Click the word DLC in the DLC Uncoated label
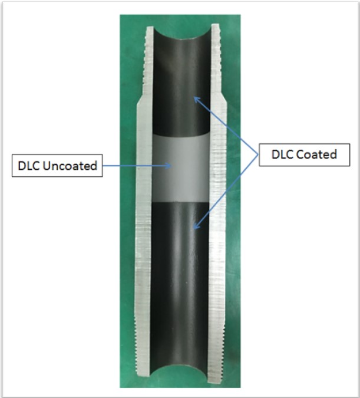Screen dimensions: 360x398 point(29,166)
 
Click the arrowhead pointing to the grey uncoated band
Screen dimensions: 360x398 point(169,166)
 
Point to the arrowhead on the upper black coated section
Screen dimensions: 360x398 point(197,100)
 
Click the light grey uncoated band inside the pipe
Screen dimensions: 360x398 point(181,168)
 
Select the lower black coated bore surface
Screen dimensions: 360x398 point(180,284)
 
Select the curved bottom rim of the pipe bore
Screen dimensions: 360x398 point(179,367)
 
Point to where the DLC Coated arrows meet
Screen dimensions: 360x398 point(258,154)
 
